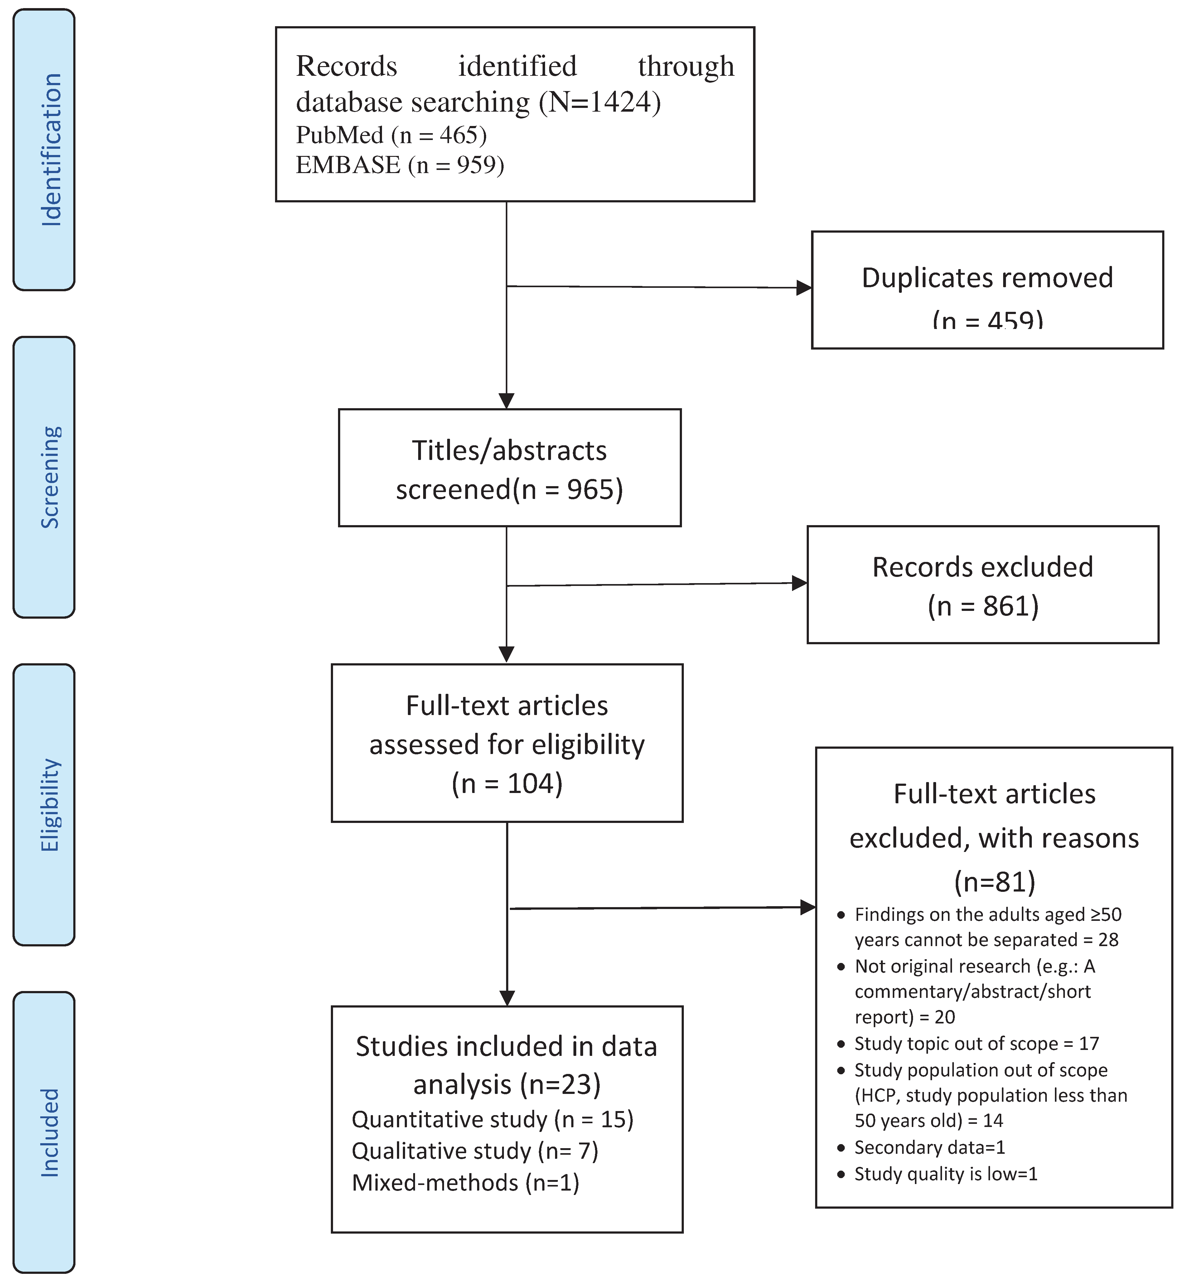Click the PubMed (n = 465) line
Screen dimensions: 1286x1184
click(x=391, y=135)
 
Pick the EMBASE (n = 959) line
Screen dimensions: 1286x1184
click(x=400, y=165)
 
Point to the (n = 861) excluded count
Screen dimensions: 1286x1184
click(x=983, y=606)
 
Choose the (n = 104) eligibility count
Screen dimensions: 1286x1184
click(x=507, y=784)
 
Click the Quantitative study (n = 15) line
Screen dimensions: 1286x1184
click(x=492, y=1119)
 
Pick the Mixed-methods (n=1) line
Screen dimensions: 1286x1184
click(x=465, y=1182)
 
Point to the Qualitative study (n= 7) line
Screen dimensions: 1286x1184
click(x=475, y=1151)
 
